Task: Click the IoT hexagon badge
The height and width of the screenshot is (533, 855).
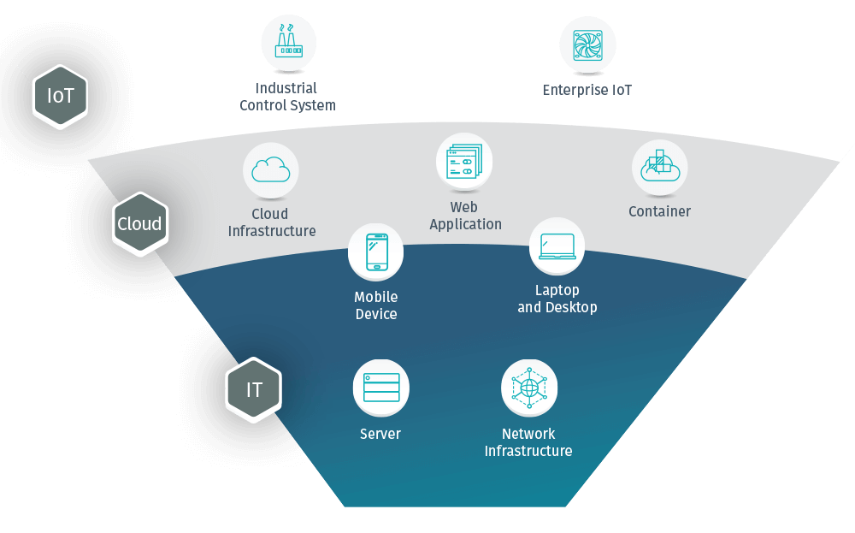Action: click(x=61, y=97)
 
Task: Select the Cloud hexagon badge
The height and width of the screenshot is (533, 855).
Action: click(x=139, y=224)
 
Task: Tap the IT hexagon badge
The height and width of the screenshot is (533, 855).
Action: click(x=254, y=390)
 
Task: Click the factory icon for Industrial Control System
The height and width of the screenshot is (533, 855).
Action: click(x=288, y=43)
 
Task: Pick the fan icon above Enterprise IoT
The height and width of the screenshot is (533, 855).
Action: click(x=587, y=44)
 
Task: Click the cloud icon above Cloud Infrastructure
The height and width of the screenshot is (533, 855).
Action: click(x=271, y=170)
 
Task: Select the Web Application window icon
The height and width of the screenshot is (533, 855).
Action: click(x=464, y=161)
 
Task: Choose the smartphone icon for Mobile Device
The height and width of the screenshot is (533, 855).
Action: click(x=376, y=252)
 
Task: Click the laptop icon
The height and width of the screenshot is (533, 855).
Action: click(x=557, y=246)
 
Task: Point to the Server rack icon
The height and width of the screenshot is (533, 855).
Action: click(x=381, y=388)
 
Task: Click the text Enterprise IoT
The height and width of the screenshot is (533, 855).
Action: click(x=587, y=90)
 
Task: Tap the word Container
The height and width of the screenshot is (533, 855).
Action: click(x=659, y=211)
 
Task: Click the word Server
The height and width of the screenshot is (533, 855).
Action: click(x=380, y=434)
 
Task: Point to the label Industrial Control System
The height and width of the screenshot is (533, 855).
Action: click(x=287, y=97)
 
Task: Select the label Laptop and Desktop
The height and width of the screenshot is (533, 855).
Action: click(x=557, y=299)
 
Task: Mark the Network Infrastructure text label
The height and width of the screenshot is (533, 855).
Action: click(x=528, y=442)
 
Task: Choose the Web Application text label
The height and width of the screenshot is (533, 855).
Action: click(x=465, y=216)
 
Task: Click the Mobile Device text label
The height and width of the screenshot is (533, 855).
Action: click(x=376, y=305)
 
